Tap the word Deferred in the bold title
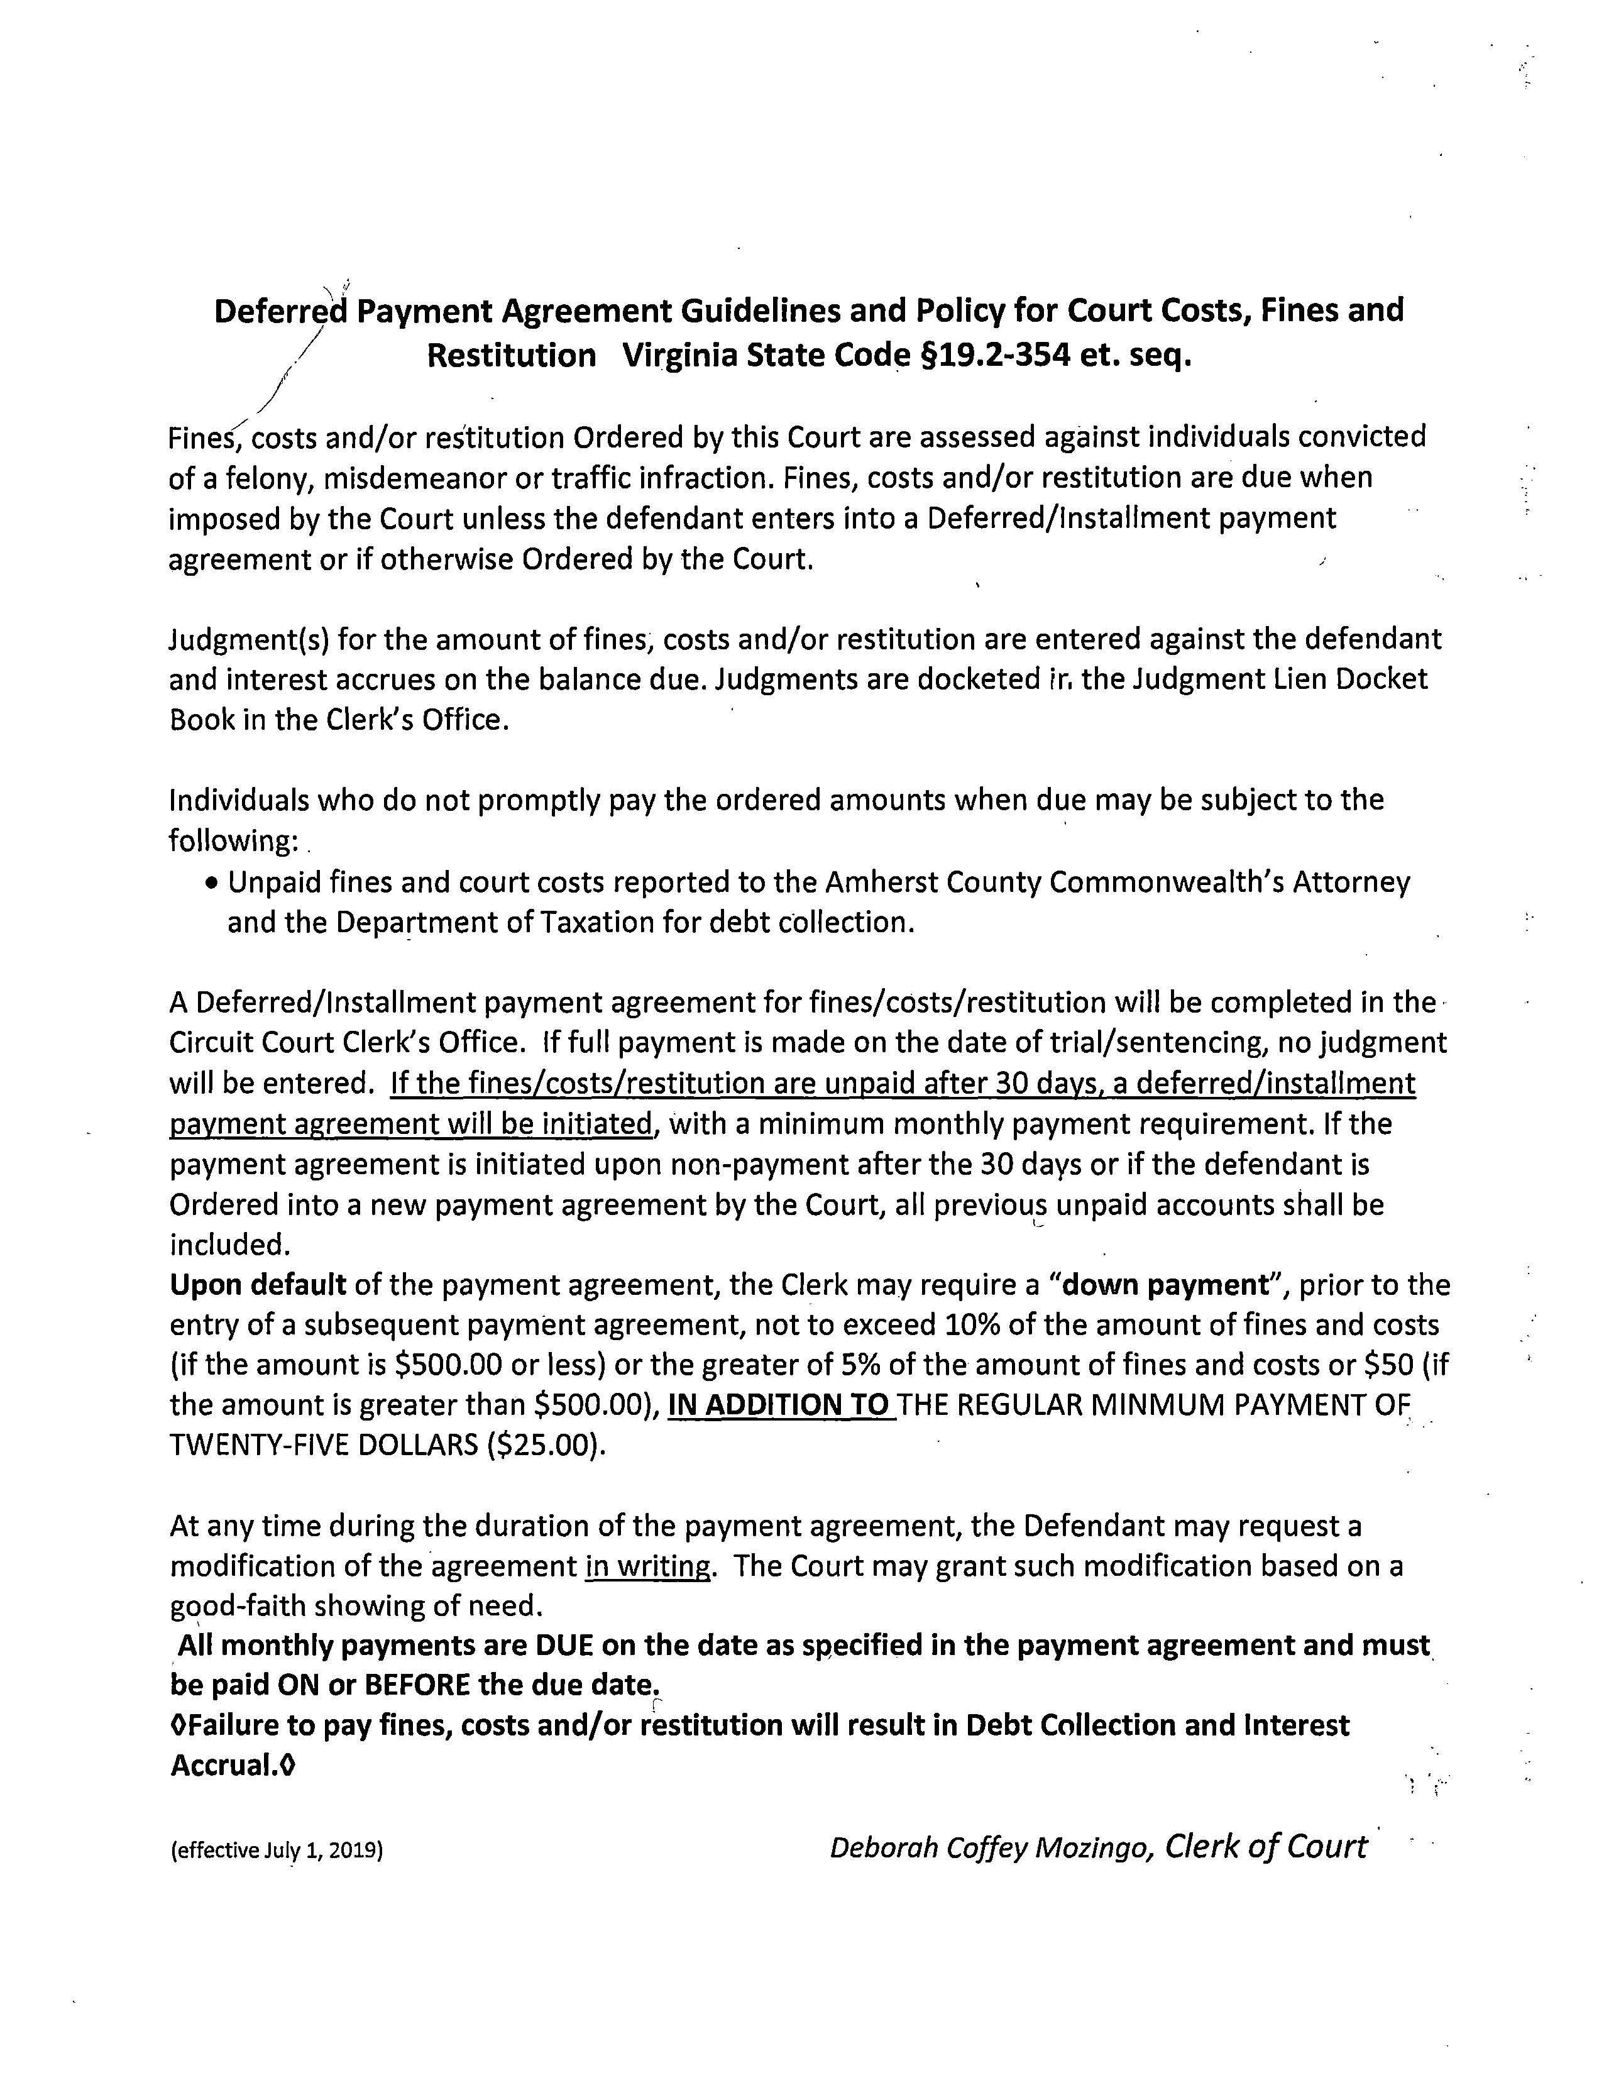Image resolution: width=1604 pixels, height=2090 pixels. click(280, 311)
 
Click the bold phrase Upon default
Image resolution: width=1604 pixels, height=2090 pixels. click(257, 1285)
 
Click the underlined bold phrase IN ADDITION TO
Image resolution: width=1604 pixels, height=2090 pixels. click(779, 1405)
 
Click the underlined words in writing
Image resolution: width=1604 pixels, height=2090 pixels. click(648, 1568)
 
